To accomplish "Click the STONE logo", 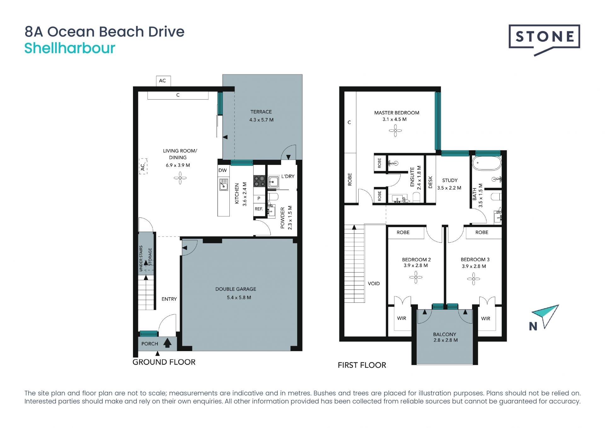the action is [544, 40].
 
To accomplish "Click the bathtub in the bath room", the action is [486, 163].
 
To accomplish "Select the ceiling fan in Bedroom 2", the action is [416, 278].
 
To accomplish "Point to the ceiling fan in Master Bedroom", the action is [395, 130].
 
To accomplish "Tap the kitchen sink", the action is [224, 184].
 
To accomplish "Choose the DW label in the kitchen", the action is [222, 170].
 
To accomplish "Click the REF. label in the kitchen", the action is [259, 209].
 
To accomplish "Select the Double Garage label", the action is [236, 289].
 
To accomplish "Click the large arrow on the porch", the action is [167, 343].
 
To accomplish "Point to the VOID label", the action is [374, 284].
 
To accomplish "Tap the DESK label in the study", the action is [430, 182].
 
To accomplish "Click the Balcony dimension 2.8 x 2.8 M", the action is [446, 340].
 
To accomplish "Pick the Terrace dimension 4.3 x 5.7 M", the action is [261, 120].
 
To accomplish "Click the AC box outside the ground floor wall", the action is [163, 81].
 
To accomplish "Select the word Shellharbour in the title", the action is [70, 48].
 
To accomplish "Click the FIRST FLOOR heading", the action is [362, 365].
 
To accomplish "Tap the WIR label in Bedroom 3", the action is [486, 319].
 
